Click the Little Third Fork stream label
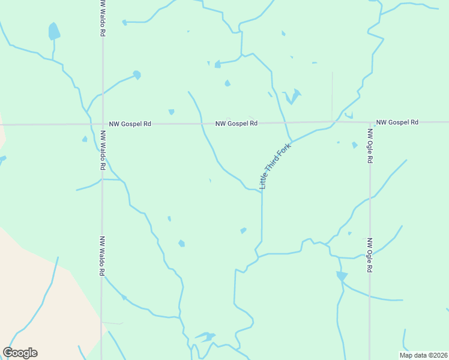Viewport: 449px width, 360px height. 275,166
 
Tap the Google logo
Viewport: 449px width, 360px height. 20,353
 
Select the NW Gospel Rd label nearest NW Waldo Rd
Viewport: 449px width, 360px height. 130,124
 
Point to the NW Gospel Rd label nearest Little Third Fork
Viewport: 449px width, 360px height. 237,123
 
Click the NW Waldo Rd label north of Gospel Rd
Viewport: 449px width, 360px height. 103,18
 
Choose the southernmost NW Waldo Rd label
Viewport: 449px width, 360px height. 102,256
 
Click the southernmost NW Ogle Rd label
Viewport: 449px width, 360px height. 370,256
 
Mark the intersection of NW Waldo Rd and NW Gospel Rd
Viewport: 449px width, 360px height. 102,124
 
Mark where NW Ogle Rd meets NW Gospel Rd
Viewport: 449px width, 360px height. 369,122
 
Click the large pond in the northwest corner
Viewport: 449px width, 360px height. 54,31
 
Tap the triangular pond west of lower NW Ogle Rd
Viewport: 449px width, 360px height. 342,276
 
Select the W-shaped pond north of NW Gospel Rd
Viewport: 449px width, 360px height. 292,96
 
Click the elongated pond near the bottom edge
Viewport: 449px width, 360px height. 206,336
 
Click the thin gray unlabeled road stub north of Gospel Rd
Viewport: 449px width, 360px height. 332,96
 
